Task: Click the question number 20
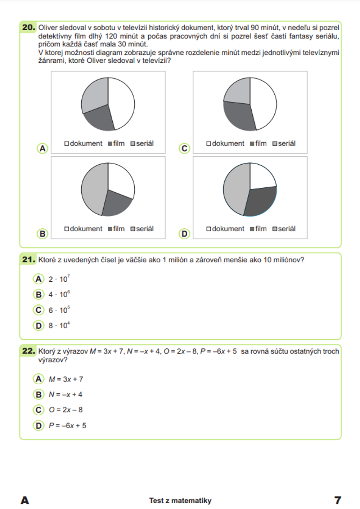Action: (x=28, y=27)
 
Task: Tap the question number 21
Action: (x=28, y=259)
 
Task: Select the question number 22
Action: (x=28, y=351)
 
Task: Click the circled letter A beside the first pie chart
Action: (x=42, y=148)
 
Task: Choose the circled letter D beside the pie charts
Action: (x=184, y=233)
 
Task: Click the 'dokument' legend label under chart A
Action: (x=86, y=143)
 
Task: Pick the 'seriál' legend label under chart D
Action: (x=287, y=229)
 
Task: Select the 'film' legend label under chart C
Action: (x=261, y=143)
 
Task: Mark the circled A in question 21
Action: (x=38, y=279)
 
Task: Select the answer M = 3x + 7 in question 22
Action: (x=66, y=379)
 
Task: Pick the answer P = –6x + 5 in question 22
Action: (x=68, y=425)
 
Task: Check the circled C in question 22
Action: (x=38, y=410)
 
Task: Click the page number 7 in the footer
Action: (x=337, y=500)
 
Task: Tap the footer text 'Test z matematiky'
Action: (x=180, y=500)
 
